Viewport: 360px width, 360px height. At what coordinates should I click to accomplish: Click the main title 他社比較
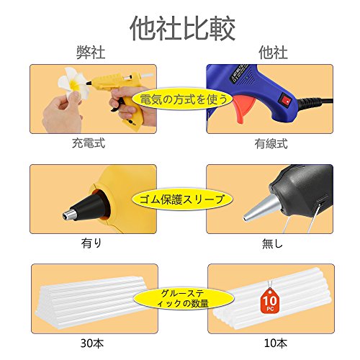click(x=182, y=29)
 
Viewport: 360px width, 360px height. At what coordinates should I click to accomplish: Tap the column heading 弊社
click(x=91, y=53)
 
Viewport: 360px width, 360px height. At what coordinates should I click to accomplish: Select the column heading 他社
click(x=273, y=53)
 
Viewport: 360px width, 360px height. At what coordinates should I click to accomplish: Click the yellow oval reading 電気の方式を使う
click(x=182, y=99)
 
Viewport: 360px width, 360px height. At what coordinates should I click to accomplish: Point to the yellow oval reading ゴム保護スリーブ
click(x=182, y=199)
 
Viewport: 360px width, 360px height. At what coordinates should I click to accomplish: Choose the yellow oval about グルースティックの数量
click(x=184, y=298)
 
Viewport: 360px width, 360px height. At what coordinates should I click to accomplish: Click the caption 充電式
click(x=89, y=143)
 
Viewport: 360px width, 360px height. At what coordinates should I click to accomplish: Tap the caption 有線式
click(x=271, y=144)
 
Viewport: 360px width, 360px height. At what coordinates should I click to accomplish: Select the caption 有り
click(x=91, y=243)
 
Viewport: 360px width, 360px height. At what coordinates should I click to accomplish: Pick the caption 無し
click(x=272, y=243)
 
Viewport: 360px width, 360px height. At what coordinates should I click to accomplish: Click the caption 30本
click(x=92, y=343)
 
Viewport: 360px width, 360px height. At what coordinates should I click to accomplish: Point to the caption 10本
click(x=276, y=343)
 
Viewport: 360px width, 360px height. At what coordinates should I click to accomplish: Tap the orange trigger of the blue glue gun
click(x=243, y=108)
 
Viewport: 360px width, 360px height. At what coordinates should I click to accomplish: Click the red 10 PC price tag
click(x=270, y=300)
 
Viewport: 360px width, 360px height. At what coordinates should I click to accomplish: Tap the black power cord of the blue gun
click(x=315, y=102)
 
